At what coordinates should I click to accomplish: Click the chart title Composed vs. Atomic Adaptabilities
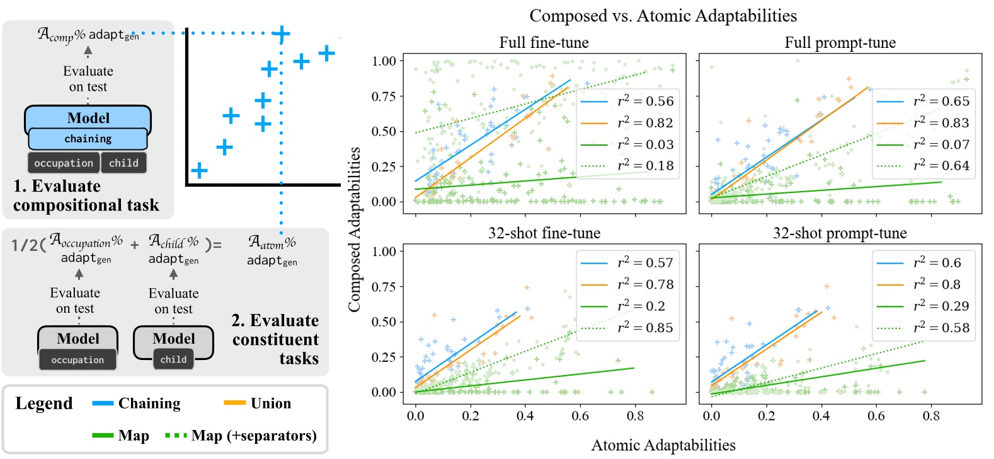[x=663, y=16]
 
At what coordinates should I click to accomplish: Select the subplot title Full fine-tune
[x=544, y=43]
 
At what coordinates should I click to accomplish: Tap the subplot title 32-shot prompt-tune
[x=840, y=233]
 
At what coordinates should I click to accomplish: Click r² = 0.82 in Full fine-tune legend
[x=645, y=123]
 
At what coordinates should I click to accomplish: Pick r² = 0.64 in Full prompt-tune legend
[x=941, y=166]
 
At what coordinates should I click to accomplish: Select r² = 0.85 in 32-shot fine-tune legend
[x=645, y=328]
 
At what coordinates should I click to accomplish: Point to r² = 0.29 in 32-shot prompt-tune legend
[x=941, y=306]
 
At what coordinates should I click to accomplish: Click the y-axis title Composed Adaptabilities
[x=355, y=229]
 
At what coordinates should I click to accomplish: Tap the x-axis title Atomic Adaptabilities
[x=663, y=445]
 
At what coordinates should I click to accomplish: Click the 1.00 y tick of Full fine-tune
[x=384, y=61]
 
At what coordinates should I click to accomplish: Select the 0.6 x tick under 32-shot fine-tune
[x=580, y=416]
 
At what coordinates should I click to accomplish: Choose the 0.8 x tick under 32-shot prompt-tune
[x=931, y=416]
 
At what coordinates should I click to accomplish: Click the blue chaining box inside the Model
[x=88, y=139]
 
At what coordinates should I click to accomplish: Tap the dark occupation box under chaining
[x=64, y=163]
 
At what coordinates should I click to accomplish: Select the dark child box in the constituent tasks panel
[x=173, y=359]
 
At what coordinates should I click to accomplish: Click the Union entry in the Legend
[x=270, y=404]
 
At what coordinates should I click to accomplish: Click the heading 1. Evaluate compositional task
[x=86, y=195]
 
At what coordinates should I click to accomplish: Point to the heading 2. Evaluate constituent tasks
[x=276, y=339]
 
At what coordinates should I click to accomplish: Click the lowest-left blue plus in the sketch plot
[x=199, y=171]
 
